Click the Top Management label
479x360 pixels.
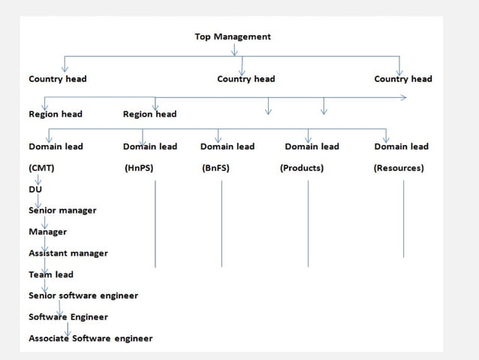[x=232, y=36]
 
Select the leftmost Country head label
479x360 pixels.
[x=57, y=79]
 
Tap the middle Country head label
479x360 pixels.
[x=246, y=79]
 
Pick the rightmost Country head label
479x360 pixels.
[x=403, y=79]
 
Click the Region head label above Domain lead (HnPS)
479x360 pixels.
[x=149, y=114]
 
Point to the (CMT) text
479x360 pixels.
[x=41, y=168]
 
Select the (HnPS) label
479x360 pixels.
[x=139, y=168]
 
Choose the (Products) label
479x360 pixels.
[x=302, y=168]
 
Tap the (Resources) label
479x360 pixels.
[x=399, y=168]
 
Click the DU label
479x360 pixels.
[x=35, y=189]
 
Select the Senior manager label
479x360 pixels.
[x=62, y=210]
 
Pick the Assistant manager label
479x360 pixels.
[x=68, y=253]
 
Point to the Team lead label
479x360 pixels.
[x=51, y=275]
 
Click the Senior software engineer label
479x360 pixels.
[x=83, y=296]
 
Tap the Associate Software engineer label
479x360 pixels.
[x=91, y=338]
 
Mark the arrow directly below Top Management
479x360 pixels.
[x=234, y=50]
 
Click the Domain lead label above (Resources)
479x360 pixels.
[x=402, y=147]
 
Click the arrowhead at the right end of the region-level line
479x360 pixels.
[x=403, y=98]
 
